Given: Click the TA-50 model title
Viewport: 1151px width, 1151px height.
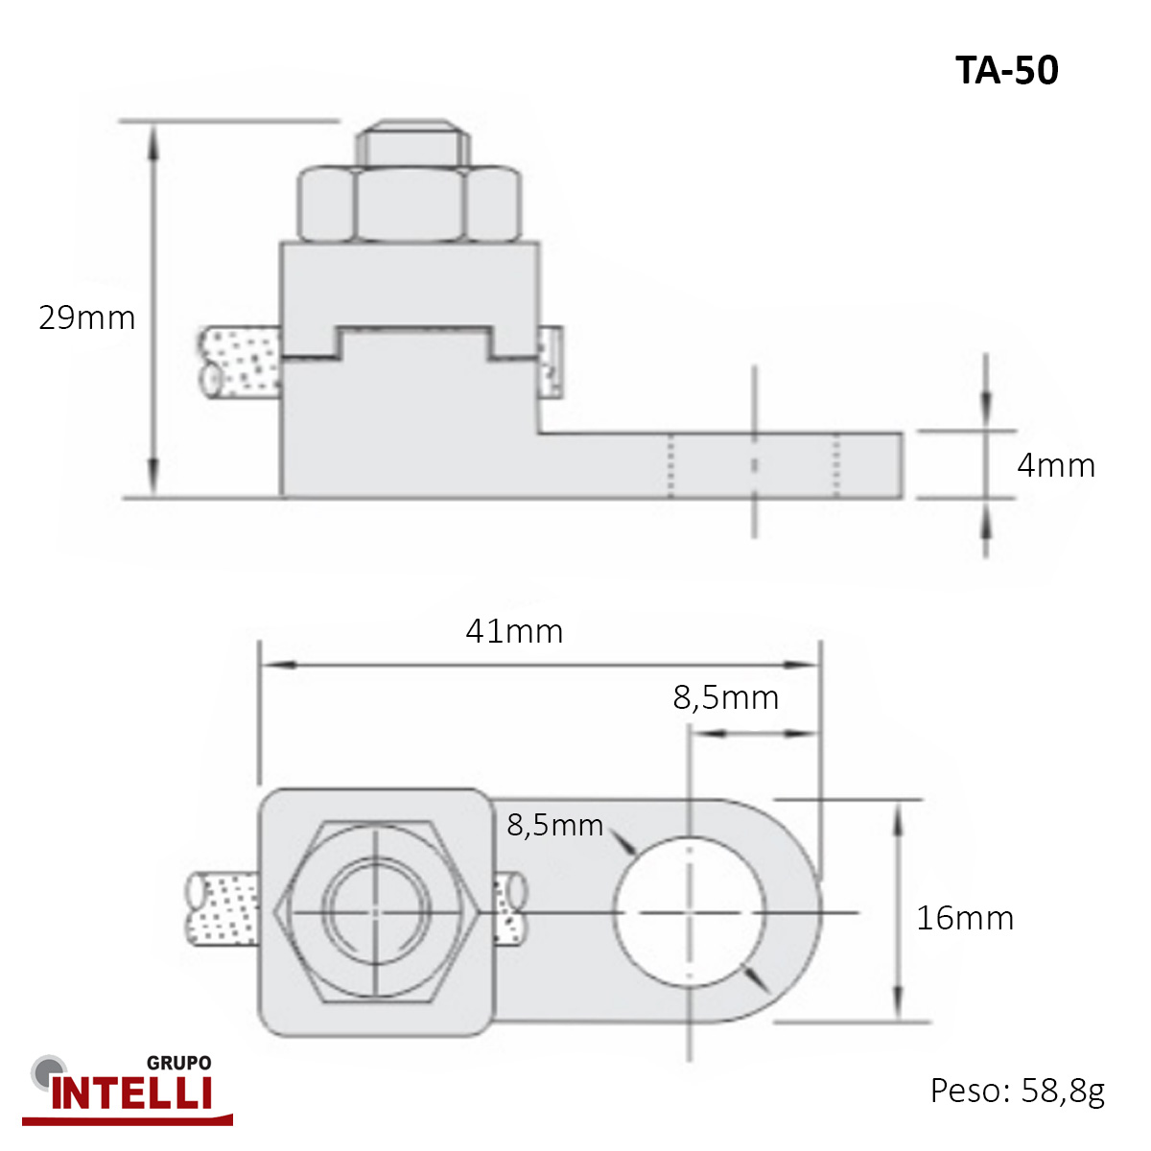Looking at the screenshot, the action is point(1007,70).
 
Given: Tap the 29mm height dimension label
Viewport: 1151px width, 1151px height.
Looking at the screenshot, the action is point(87,317).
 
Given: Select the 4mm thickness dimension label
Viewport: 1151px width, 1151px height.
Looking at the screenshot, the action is point(1056,465).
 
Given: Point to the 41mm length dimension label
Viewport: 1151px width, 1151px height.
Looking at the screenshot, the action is point(514,631).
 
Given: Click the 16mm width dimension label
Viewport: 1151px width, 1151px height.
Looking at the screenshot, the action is point(965,918).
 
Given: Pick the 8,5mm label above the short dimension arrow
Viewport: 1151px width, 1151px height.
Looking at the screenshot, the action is point(726,697).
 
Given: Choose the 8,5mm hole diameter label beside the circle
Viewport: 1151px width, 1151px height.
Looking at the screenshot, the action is point(555,826).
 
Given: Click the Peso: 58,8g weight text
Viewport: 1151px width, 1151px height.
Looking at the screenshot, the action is point(1018,1091).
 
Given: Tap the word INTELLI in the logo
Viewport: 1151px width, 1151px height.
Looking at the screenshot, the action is point(131,1094).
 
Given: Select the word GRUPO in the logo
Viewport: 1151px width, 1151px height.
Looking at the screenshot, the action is point(178,1063).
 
